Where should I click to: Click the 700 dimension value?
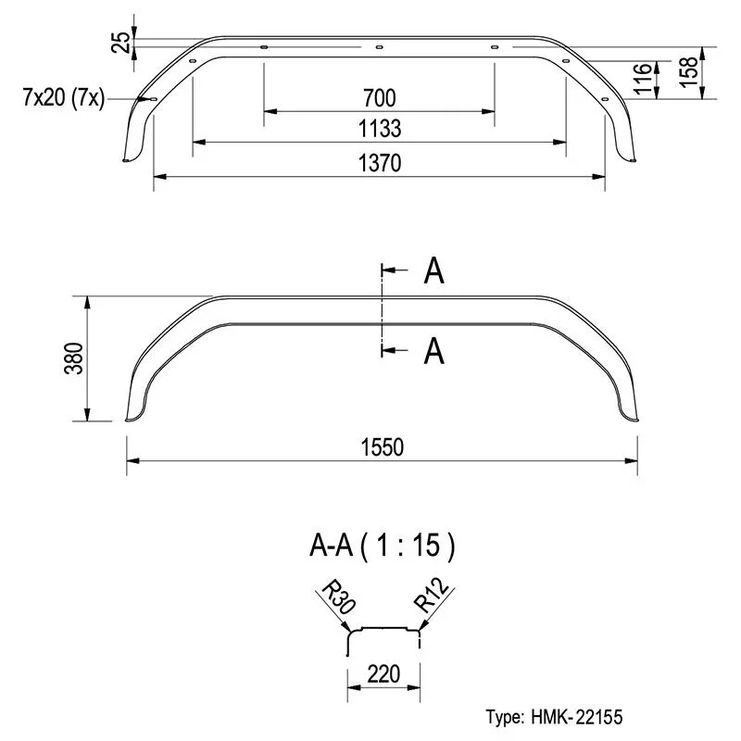380,98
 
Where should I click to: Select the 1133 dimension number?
380,129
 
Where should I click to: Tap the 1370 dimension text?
380,163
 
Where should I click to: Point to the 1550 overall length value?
383,447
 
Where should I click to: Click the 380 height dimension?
74,358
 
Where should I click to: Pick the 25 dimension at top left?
120,42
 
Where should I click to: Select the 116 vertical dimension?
643,79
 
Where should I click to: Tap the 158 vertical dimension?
689,71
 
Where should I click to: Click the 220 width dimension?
383,674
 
